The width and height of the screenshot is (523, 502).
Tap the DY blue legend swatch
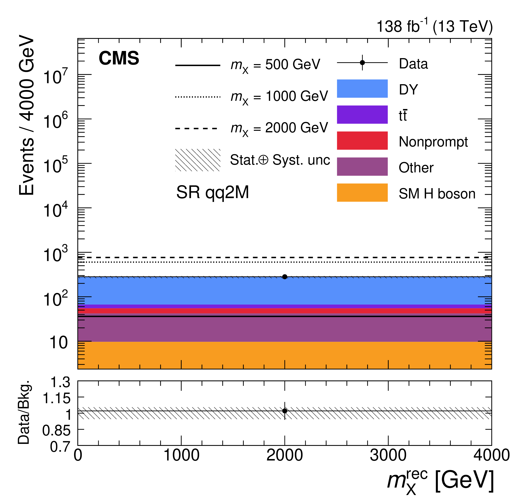click(x=362, y=89)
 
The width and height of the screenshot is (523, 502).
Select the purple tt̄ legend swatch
click(x=362, y=115)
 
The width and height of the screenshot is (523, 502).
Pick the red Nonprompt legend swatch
click(x=362, y=140)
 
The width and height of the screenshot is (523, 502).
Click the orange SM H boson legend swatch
click(x=362, y=192)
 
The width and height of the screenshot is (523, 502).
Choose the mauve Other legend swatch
click(x=362, y=167)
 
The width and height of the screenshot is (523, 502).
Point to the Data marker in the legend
click(x=362, y=63)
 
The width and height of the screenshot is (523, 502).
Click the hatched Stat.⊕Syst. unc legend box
click(x=198, y=160)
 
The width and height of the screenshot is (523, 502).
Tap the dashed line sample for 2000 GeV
click(x=198, y=128)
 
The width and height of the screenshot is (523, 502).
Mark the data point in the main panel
click(x=284, y=277)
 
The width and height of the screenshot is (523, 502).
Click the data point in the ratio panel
click(x=284, y=411)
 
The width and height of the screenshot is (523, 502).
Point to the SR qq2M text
click(x=212, y=192)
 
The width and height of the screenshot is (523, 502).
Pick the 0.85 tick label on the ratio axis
click(x=56, y=430)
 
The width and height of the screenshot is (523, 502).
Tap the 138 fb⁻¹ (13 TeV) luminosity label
click(x=434, y=26)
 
